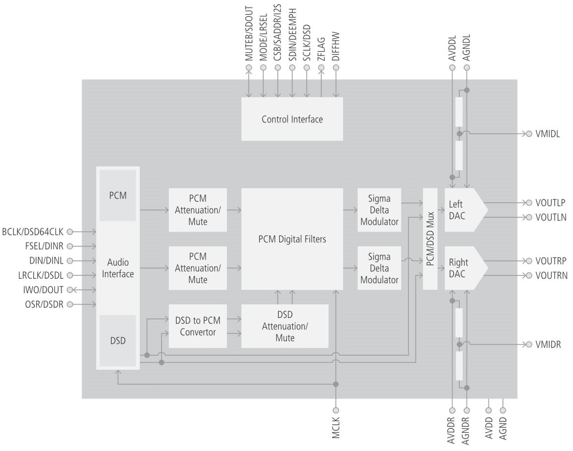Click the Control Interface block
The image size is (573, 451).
[292, 119]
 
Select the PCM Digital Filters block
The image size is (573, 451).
[292, 239]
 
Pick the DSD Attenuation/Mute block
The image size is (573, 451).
[285, 326]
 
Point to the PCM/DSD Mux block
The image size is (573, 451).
[430, 239]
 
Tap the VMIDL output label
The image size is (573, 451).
[548, 134]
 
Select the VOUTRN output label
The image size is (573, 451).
[551, 275]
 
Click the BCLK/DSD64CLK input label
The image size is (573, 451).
[33, 231]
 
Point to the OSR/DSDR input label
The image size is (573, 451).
[44, 304]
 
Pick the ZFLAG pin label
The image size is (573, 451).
[321, 49]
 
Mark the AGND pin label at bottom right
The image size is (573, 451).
[503, 428]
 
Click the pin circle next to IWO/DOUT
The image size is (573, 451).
[69, 290]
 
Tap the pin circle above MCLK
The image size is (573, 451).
[336, 410]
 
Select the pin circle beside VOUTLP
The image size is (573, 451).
[529, 203]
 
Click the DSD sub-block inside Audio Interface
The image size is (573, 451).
[118, 341]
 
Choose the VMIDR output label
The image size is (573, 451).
[548, 344]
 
